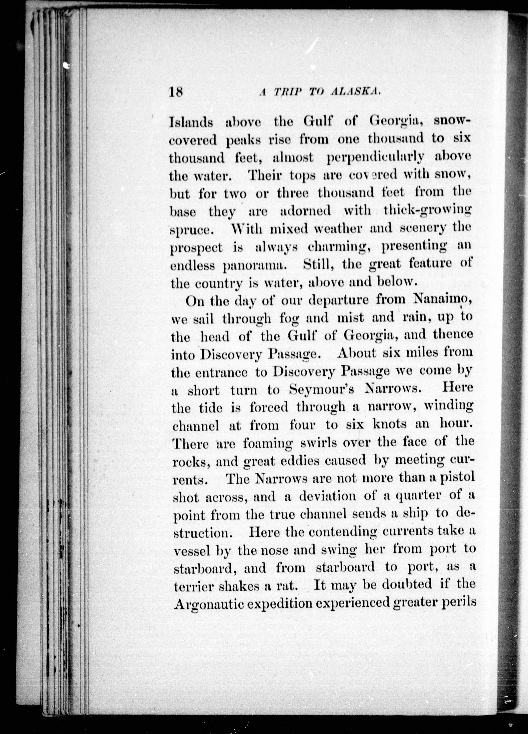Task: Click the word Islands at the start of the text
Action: pyautogui.click(x=191, y=122)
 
